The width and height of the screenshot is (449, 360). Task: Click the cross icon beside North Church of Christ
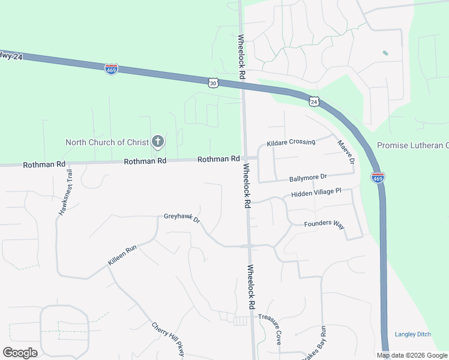(x=158, y=142)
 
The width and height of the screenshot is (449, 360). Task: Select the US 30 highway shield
(x=213, y=83)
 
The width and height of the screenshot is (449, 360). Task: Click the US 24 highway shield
(x=314, y=101)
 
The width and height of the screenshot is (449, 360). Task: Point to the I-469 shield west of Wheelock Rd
(x=111, y=69)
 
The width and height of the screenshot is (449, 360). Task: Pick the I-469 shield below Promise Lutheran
(x=378, y=178)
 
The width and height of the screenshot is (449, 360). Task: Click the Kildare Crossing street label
(x=291, y=142)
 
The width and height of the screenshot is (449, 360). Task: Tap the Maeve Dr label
(x=346, y=152)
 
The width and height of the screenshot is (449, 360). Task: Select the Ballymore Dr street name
(x=307, y=177)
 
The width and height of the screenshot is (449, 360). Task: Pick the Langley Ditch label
(x=413, y=334)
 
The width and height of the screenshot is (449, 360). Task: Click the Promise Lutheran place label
(x=413, y=145)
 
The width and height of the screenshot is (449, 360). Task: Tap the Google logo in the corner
(x=20, y=353)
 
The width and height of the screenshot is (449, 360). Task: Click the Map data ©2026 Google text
(x=412, y=355)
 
